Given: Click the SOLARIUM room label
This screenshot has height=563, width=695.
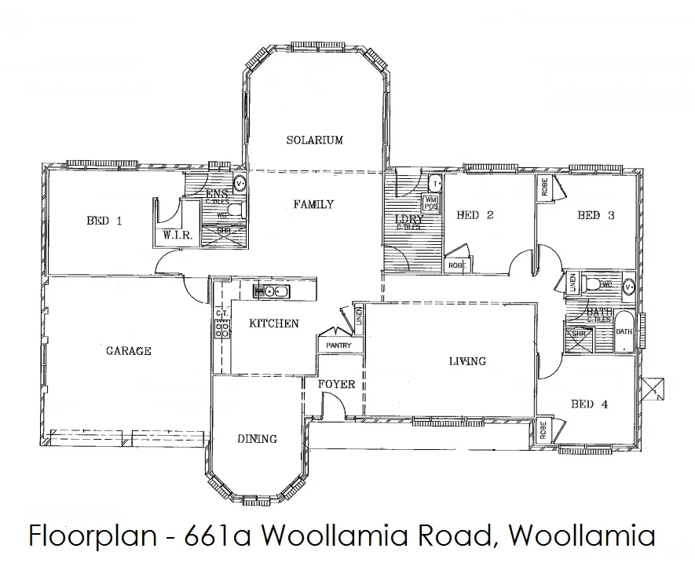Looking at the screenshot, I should click(x=314, y=141).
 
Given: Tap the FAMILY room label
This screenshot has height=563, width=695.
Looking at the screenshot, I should click(x=313, y=204).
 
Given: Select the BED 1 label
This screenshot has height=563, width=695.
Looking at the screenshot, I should click(x=104, y=221).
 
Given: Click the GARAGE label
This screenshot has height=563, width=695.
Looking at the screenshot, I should click(x=128, y=351).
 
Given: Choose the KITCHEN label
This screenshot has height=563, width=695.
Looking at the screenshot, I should click(x=273, y=324).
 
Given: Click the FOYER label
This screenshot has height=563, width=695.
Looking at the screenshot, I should click(x=336, y=385).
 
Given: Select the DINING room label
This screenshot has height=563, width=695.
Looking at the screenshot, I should click(x=257, y=439).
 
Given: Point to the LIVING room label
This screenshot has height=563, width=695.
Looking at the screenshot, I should click(x=466, y=361).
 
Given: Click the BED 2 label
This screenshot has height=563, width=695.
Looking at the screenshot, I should click(x=474, y=215).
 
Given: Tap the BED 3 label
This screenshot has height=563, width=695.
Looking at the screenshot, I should click(x=595, y=215).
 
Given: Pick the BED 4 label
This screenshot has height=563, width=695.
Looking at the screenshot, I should click(x=589, y=404).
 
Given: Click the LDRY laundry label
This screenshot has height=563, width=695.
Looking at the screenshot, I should click(x=410, y=220).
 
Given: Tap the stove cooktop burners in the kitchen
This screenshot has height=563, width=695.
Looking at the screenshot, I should click(x=221, y=328).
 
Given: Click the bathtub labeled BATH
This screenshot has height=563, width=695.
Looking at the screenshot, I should click(x=624, y=332).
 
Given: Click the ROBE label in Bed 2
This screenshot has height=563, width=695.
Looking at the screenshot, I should click(x=455, y=265).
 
